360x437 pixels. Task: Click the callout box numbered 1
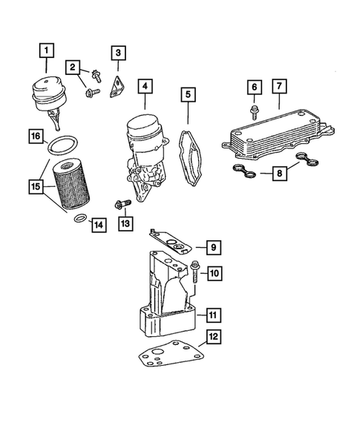(46, 50)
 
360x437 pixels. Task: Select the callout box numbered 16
(36, 137)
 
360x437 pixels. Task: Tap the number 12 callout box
(214, 337)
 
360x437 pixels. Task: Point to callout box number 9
(214, 248)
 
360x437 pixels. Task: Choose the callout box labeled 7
(279, 86)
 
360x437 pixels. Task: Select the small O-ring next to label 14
(81, 218)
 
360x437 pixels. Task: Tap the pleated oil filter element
(71, 183)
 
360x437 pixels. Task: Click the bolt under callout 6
(254, 112)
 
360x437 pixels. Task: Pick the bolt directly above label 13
(122, 204)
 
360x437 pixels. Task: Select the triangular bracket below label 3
(117, 87)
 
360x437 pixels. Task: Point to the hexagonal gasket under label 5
(190, 157)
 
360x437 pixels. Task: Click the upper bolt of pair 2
(96, 76)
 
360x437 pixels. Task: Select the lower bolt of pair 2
(93, 92)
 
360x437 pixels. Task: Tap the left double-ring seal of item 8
(244, 171)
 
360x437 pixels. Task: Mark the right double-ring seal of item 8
(307, 159)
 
